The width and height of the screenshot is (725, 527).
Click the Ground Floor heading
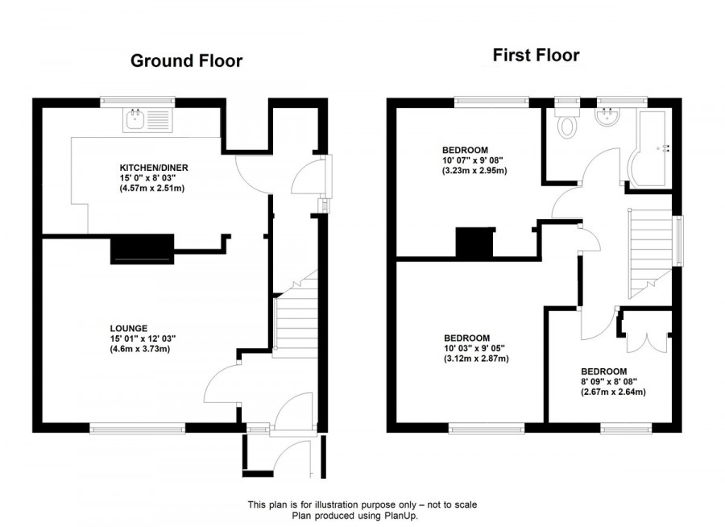coord(186,60)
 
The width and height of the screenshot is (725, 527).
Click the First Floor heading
coord(536,56)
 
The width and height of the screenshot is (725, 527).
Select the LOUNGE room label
coord(129,328)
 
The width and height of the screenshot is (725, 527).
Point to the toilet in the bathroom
coord(569,122)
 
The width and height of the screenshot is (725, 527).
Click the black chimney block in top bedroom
coord(474,243)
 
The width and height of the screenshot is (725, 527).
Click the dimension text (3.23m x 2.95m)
coord(474,171)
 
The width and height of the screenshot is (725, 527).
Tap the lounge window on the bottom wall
coord(138,429)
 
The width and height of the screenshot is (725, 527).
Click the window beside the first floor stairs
coord(677,239)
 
